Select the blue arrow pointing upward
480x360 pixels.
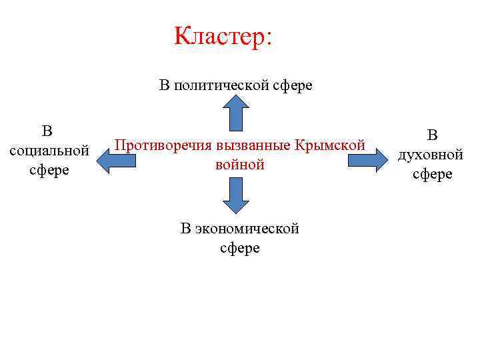tap(236, 111)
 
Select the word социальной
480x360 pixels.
tap(50, 149)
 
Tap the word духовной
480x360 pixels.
tap(431, 155)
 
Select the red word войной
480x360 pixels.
tap(240, 164)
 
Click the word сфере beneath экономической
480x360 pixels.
tap(239, 249)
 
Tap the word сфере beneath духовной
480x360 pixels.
tap(432, 175)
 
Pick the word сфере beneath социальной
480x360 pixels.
tap(49, 169)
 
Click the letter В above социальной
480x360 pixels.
tap(47, 129)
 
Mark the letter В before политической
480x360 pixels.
tap(164, 86)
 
